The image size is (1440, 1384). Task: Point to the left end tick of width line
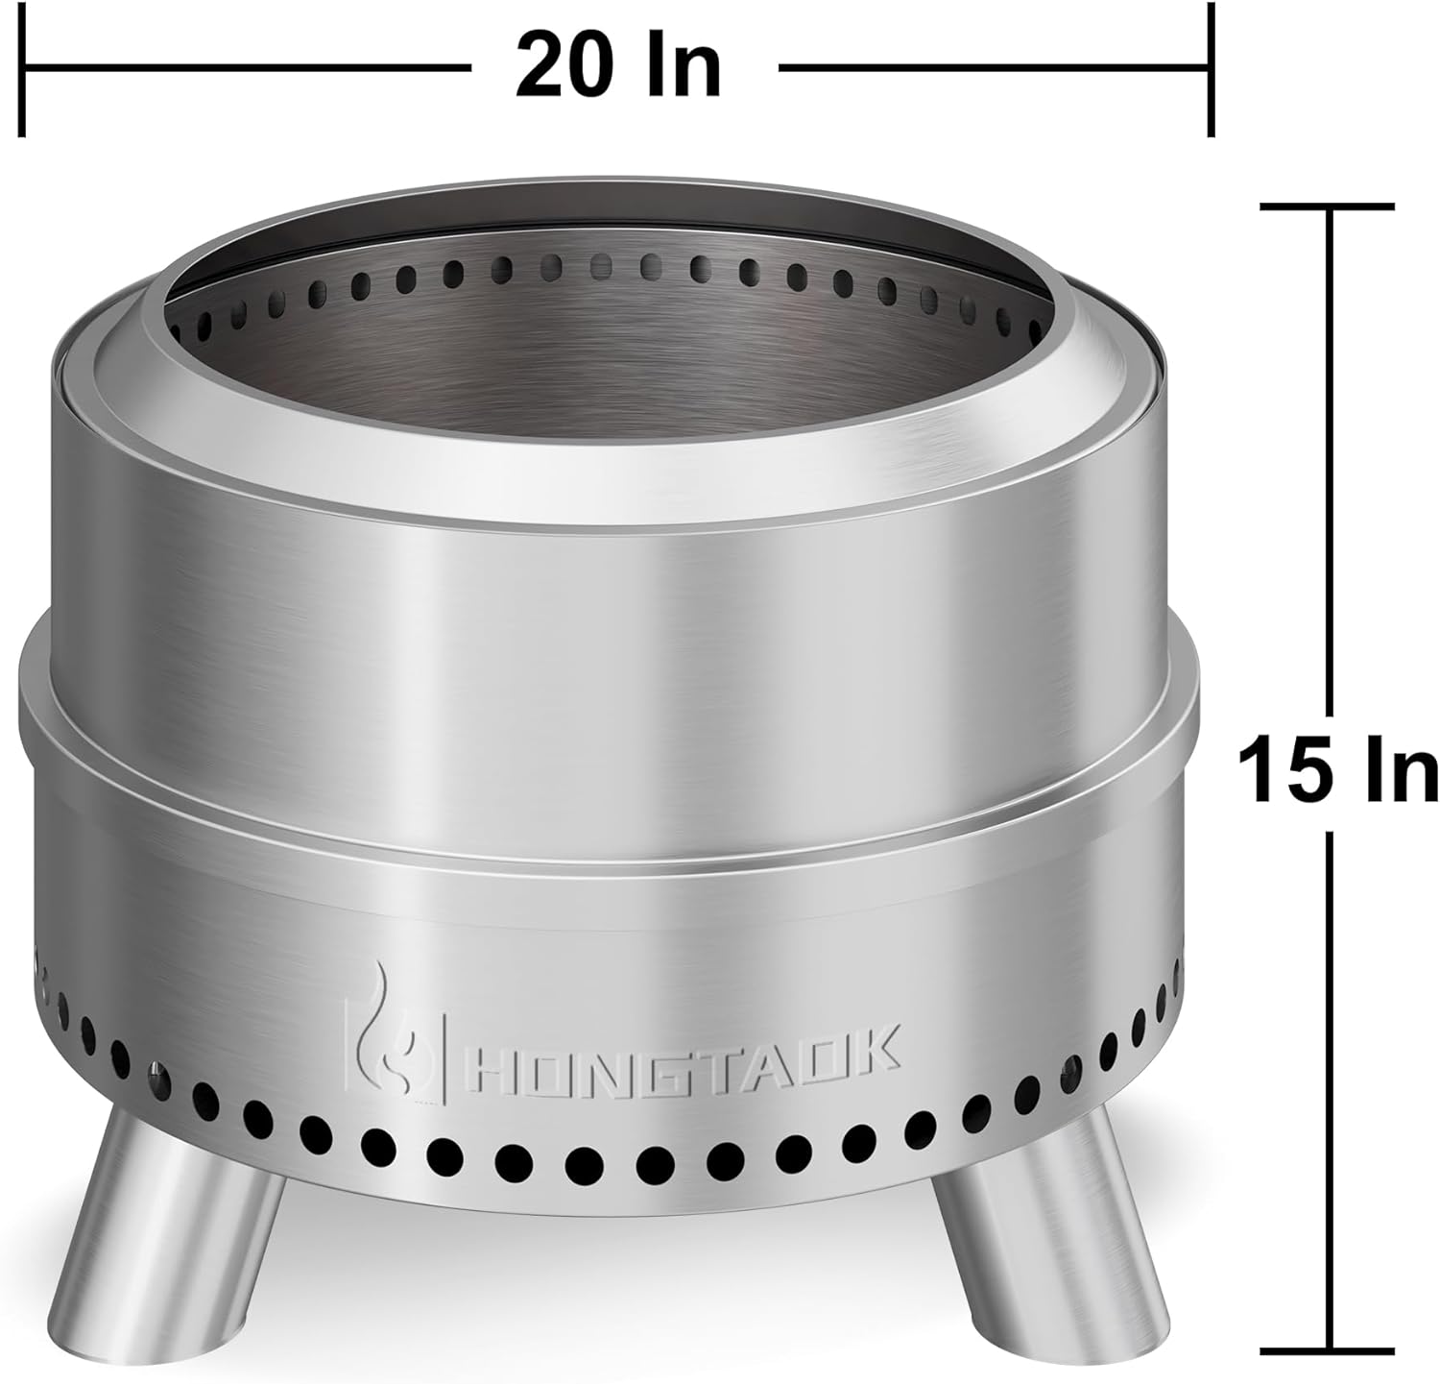pyautogui.click(x=22, y=69)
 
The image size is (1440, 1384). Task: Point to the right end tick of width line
pyautogui.click(x=1212, y=69)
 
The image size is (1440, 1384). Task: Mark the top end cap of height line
pyautogui.click(x=1328, y=206)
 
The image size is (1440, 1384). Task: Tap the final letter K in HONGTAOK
pyautogui.click(x=876, y=1047)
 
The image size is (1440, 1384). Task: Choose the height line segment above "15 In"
pyautogui.click(x=1328, y=461)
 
